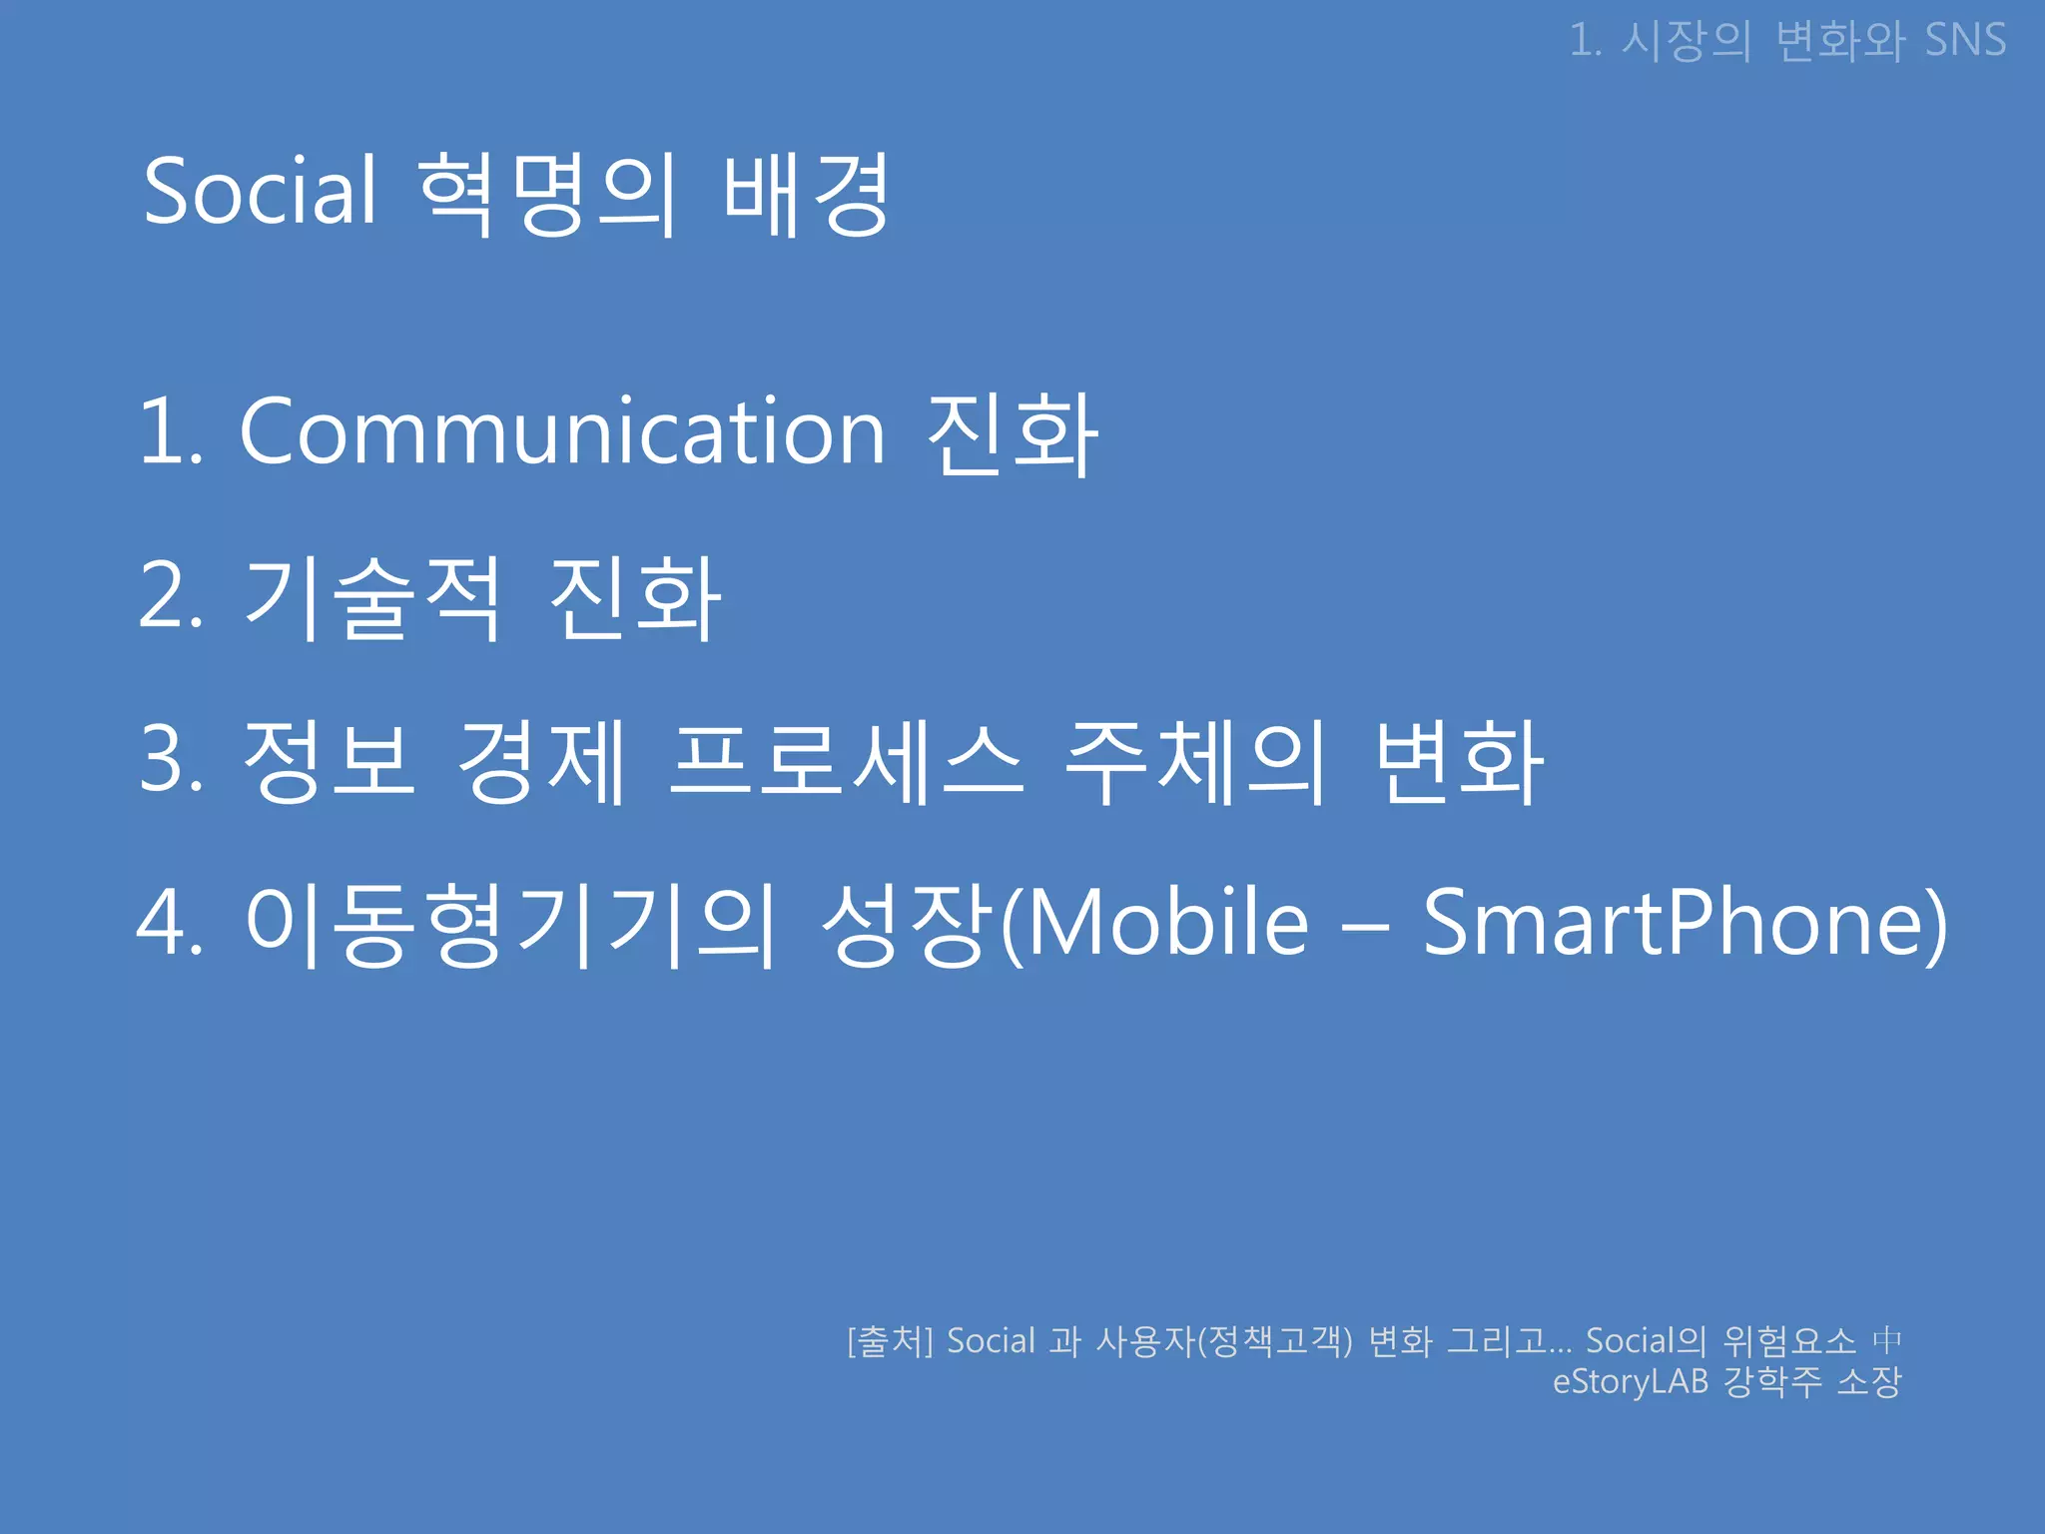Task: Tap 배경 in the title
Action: pos(806,194)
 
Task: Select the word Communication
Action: pos(562,431)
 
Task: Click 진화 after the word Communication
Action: pos(1013,433)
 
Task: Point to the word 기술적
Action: pos(371,596)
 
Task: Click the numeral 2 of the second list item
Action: pos(163,595)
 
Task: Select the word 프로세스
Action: pos(847,761)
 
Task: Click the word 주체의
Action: pos(1195,761)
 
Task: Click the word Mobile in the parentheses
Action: pos(1166,923)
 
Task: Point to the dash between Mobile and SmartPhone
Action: pos(1365,927)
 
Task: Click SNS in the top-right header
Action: pos(1965,41)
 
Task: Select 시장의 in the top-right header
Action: pos(1686,41)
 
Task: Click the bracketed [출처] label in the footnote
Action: pos(890,1341)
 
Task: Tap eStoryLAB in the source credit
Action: pos(1630,1382)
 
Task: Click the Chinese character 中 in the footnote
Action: pos(1887,1340)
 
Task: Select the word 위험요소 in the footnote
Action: pos(1789,1341)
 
